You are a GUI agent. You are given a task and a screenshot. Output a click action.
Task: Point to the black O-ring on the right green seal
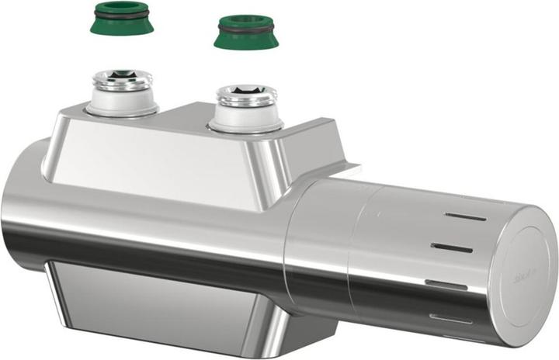(246, 29)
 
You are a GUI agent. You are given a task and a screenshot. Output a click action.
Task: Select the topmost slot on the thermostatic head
(466, 216)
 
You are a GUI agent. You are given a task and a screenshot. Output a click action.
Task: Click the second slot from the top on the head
(453, 247)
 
